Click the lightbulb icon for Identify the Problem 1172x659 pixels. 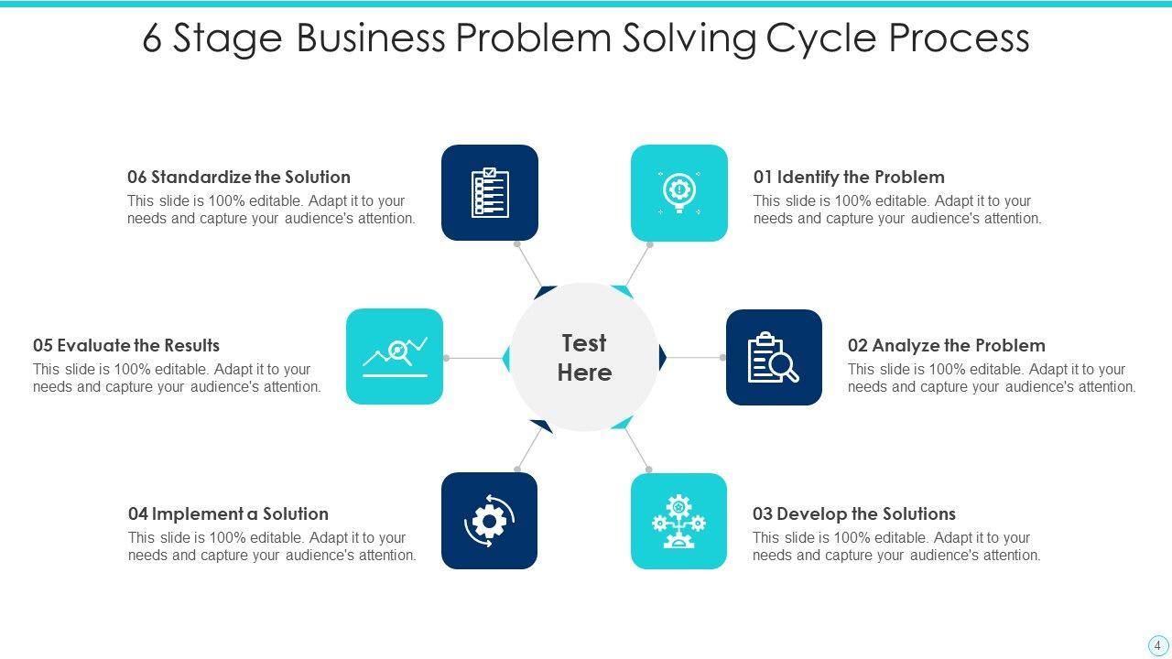tap(679, 192)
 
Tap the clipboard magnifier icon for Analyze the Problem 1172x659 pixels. tap(774, 357)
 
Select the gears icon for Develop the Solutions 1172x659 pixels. tap(678, 521)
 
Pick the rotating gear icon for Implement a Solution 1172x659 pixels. tap(489, 521)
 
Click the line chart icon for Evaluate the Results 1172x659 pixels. tap(395, 357)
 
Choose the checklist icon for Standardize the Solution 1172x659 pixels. tap(490, 192)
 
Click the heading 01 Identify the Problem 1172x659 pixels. tap(849, 177)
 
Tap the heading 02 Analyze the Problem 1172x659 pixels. tap(946, 345)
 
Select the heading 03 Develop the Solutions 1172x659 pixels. tap(853, 513)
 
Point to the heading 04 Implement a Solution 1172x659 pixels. tap(228, 513)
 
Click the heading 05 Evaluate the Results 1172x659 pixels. tap(126, 345)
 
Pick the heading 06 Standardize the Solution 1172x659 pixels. tap(239, 177)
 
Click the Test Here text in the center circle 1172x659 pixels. tap(584, 357)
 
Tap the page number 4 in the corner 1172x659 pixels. tap(1157, 644)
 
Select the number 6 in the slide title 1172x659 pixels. tap(151, 38)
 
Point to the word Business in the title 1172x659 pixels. tap(371, 38)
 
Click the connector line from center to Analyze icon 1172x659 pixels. tap(696, 358)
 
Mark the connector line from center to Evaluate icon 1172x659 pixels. tap(473, 358)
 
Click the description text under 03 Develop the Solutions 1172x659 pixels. tap(896, 546)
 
